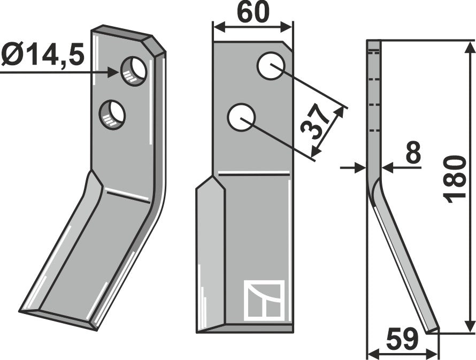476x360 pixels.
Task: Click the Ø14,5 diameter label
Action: (43, 55)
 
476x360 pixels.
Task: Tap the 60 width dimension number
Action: (252, 14)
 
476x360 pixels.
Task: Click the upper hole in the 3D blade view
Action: (133, 70)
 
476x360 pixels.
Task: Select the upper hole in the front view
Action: (270, 66)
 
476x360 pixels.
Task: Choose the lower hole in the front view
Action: (241, 118)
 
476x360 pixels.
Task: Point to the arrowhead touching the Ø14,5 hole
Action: (114, 71)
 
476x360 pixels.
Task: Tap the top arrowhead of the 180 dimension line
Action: (470, 47)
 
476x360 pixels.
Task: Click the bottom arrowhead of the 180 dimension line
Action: (470, 326)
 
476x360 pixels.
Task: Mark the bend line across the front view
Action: (254, 173)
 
